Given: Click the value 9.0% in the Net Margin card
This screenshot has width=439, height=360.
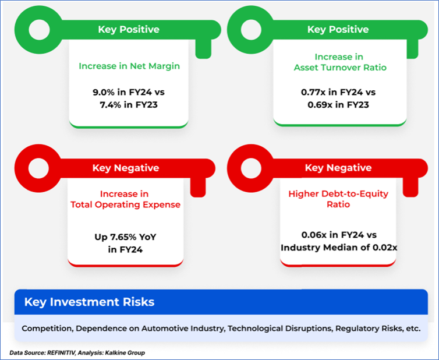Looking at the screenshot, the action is (103, 92).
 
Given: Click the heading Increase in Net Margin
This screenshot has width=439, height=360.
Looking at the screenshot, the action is (129, 66).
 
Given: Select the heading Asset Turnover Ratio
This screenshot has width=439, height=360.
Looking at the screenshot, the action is (340, 68).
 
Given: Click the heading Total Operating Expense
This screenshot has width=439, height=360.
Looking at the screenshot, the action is (125, 205).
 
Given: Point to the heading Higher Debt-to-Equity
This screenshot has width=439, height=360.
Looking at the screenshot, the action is (338, 194).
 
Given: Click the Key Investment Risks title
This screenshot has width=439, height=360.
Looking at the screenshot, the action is (89, 302).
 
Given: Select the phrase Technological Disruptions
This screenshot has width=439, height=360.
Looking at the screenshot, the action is (279, 329).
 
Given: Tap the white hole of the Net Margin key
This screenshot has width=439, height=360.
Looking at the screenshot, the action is (39, 30).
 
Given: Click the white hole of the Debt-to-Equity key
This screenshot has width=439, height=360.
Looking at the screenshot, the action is (251, 168).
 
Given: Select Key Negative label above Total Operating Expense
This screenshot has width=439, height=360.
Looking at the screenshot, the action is (126, 168).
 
